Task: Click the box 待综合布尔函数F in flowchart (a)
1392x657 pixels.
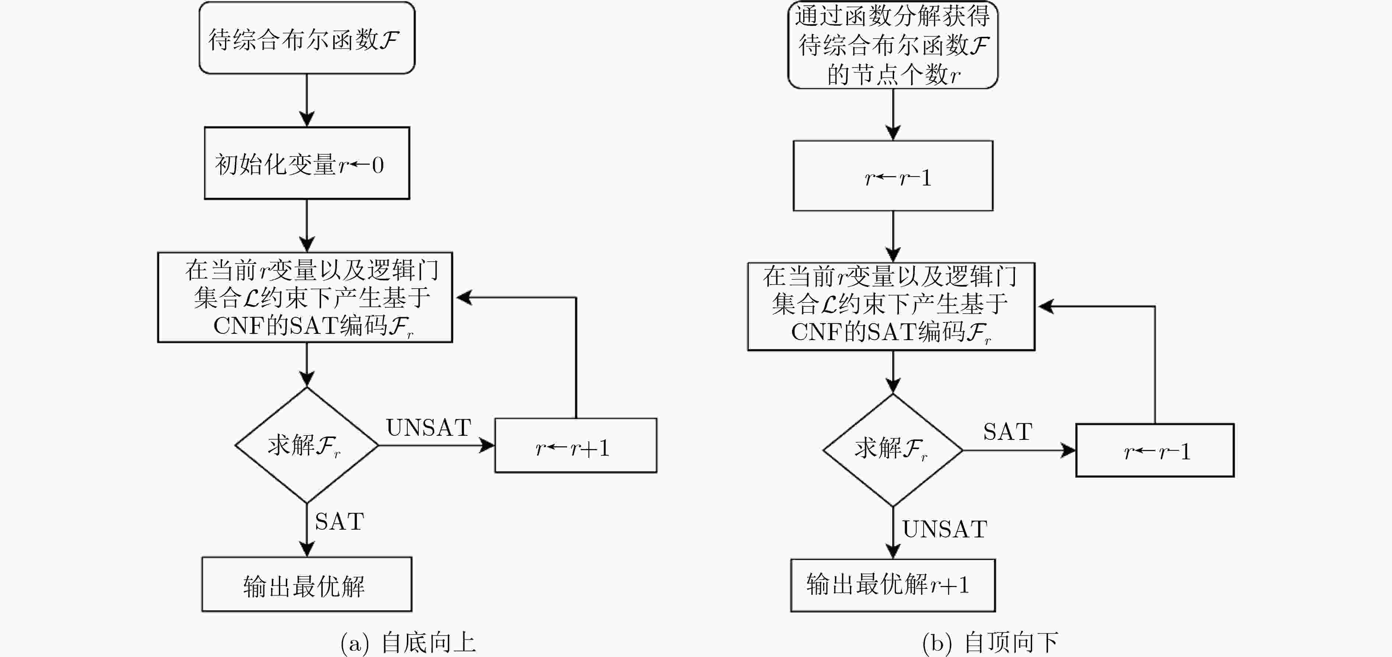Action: pyautogui.click(x=306, y=38)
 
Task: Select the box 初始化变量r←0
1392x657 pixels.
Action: pyautogui.click(x=306, y=163)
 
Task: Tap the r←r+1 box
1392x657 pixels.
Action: pyautogui.click(x=576, y=446)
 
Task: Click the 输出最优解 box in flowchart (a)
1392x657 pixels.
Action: pyautogui.click(x=306, y=584)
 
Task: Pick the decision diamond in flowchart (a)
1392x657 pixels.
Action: pyautogui.click(x=306, y=445)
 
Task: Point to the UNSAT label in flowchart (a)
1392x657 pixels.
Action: pyautogui.click(x=429, y=428)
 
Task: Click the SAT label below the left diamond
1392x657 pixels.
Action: pyautogui.click(x=340, y=522)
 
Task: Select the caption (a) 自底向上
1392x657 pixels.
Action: pyautogui.click(x=408, y=643)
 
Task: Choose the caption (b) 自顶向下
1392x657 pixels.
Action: pyautogui.click(x=990, y=643)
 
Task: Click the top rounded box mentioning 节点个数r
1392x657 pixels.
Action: pyautogui.click(x=893, y=45)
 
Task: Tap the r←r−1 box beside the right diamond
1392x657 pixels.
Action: pyautogui.click(x=1155, y=451)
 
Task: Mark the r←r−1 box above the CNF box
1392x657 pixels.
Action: pyautogui.click(x=893, y=176)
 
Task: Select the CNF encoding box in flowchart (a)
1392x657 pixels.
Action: pyautogui.click(x=305, y=297)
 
